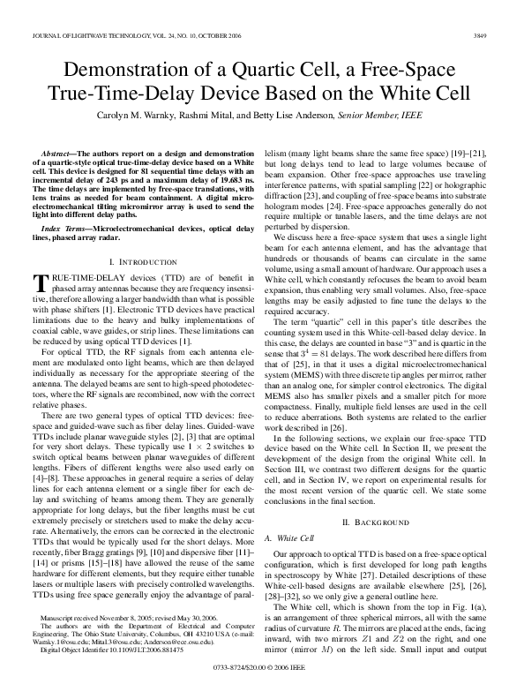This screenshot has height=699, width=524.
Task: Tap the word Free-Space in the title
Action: coord(417,69)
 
